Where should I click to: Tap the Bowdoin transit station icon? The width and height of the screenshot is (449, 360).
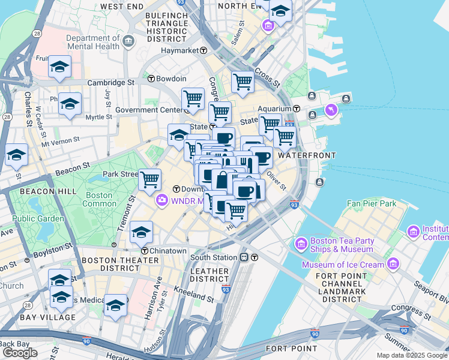(151, 79)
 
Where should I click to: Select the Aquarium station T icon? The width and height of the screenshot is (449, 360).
(297, 109)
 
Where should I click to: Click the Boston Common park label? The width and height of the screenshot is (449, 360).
(99, 199)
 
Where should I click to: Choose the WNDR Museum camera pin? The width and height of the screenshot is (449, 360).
(161, 200)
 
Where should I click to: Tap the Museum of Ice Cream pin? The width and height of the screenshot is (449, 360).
(393, 263)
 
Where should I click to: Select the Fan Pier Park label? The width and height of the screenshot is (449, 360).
(372, 203)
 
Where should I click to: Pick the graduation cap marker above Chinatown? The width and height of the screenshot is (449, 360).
(141, 231)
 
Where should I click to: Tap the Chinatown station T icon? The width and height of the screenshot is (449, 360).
(145, 250)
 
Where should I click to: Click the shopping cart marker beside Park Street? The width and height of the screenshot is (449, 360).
(149, 178)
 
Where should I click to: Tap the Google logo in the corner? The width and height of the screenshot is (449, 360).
(20, 353)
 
